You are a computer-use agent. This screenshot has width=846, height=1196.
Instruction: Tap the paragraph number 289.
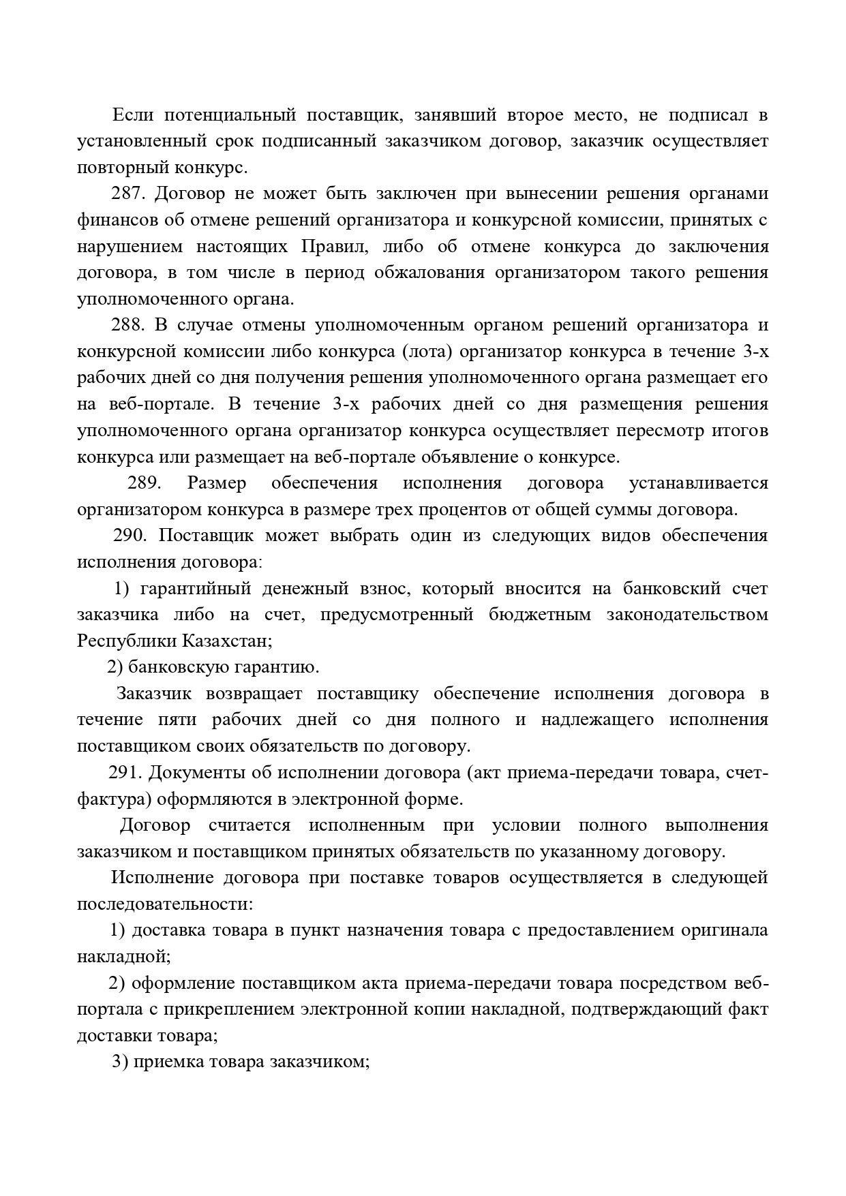tap(144, 483)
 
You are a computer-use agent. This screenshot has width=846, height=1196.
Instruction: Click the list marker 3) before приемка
tap(120, 1062)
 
